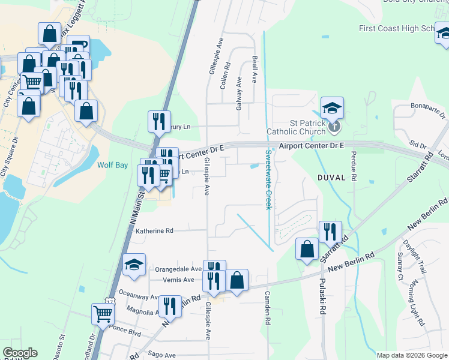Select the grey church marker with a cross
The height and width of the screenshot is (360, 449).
tap(335, 127)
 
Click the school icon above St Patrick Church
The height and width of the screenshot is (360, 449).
tap(332, 109)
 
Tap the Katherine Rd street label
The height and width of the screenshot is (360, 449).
tap(154, 230)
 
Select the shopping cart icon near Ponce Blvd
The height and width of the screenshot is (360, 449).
tap(103, 313)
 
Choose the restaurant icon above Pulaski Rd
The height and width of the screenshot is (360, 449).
tap(330, 231)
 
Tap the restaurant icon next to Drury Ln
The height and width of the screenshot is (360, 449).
tap(159, 121)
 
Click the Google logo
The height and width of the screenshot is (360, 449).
tap(20, 353)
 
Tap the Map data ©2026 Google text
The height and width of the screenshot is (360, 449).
tap(412, 355)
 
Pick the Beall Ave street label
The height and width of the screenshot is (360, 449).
tap(255, 71)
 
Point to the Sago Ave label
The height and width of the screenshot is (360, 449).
tap(162, 355)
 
